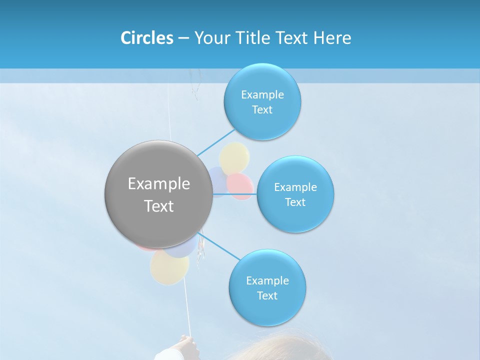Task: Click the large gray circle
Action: [x=158, y=194]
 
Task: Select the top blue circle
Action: [x=262, y=101]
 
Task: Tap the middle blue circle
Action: [x=295, y=194]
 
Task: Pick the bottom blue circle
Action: [x=267, y=287]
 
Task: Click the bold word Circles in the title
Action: [x=146, y=38]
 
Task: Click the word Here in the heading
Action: [x=332, y=38]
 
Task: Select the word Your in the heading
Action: [x=210, y=38]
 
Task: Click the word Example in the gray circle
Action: [x=158, y=183]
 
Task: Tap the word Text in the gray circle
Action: [x=158, y=206]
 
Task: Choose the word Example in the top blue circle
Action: [x=262, y=94]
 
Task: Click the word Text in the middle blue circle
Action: [x=295, y=202]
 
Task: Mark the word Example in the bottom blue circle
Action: [x=267, y=280]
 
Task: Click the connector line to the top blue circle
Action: [x=216, y=142]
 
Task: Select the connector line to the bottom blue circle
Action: [x=220, y=246]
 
